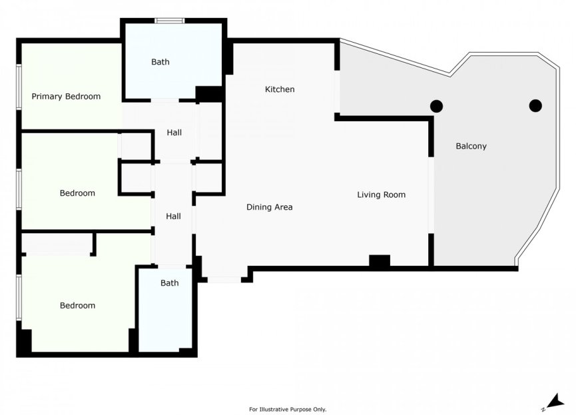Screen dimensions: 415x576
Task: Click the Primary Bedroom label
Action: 66,97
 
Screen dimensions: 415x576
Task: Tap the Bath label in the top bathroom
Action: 160,62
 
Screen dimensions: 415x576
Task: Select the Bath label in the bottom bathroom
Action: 169,283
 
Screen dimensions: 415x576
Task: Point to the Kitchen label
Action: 280,89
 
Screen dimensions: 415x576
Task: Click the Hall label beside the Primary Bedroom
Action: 174,133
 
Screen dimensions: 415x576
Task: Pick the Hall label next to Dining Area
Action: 173,216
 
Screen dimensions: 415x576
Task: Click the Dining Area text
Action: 269,207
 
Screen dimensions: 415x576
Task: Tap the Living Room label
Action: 381,195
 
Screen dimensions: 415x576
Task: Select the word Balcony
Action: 471,146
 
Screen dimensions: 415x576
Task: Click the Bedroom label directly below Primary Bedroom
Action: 77,193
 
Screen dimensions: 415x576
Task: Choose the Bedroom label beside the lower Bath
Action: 77,306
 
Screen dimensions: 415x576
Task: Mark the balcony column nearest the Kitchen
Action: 436,105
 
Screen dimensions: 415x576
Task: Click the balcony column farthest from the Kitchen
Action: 535,105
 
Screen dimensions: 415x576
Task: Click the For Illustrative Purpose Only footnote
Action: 288,409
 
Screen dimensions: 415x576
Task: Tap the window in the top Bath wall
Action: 170,21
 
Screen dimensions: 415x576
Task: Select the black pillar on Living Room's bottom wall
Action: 379,262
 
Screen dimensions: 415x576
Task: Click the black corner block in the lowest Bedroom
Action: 25,341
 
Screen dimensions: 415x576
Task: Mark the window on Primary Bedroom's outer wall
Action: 19,85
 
